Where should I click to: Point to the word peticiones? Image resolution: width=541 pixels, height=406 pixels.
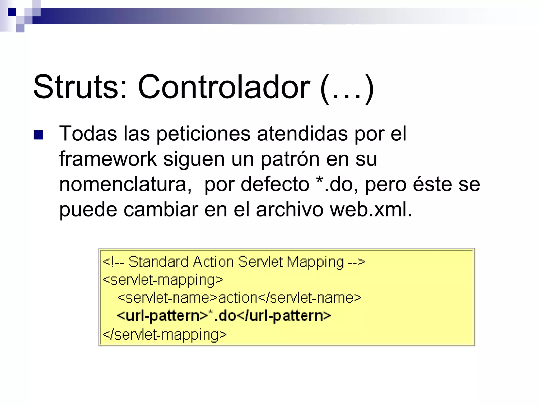click(203, 134)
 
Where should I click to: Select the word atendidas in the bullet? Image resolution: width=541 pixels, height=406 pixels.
click(302, 134)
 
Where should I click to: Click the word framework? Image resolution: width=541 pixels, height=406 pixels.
click(108, 159)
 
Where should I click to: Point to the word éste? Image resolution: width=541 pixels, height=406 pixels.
click(432, 184)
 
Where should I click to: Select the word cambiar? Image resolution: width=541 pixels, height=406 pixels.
click(161, 209)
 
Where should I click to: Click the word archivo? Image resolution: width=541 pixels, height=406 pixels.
click(290, 209)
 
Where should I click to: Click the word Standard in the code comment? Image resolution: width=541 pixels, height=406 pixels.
click(158, 262)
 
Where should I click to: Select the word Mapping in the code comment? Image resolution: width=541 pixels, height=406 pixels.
click(315, 262)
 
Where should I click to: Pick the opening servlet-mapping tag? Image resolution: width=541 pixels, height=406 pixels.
click(163, 280)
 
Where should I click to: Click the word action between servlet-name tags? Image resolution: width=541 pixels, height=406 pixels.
click(237, 298)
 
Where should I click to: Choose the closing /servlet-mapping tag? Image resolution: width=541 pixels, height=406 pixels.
click(164, 335)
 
